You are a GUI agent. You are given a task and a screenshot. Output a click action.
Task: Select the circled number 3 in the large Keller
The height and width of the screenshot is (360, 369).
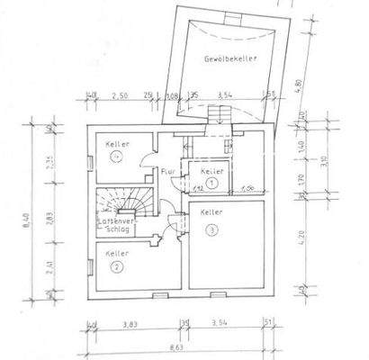(x=211, y=229)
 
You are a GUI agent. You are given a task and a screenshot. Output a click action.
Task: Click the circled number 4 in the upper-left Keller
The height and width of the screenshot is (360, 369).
(x=116, y=156)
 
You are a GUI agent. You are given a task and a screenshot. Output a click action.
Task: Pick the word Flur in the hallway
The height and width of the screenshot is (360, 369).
(x=168, y=170)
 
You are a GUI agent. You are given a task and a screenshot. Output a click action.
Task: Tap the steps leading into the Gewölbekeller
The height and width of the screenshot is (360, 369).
(x=216, y=113)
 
